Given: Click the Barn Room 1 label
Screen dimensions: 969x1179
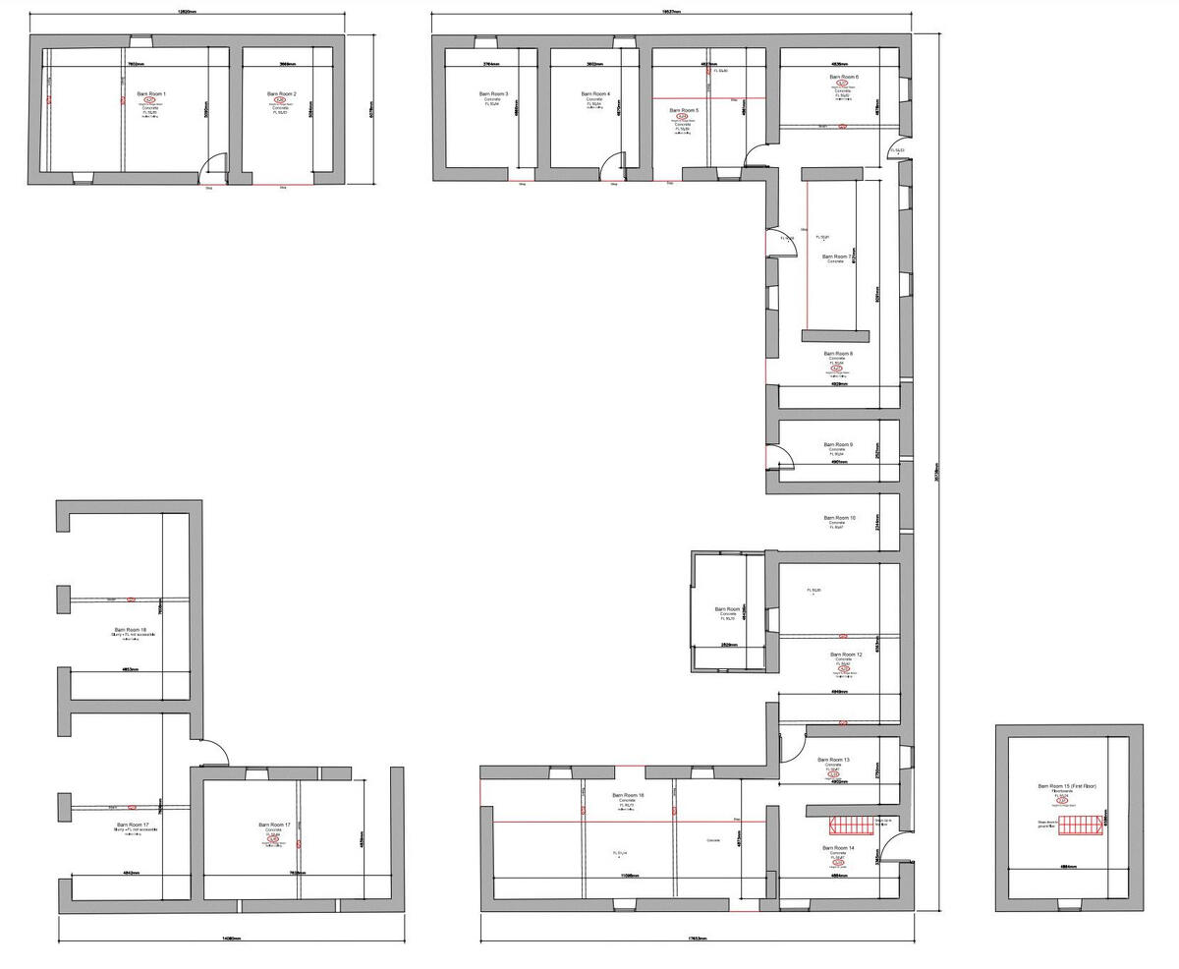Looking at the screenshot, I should coord(151,93).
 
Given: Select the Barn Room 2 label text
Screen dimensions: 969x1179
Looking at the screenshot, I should coord(281,94).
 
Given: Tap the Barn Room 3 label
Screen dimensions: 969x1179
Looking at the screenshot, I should coord(493,94).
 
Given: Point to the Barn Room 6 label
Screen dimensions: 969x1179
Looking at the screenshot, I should coord(843,77).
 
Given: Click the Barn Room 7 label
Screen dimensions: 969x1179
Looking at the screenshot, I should coord(837,256).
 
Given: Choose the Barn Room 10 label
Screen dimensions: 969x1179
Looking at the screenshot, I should coord(839,518).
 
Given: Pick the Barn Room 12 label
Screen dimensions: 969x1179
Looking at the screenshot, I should coord(845,655).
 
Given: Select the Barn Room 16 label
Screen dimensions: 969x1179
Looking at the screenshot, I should coord(628,795).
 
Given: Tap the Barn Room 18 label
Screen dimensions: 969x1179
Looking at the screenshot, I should coord(130,630).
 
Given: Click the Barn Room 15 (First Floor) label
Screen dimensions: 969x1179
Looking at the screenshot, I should coord(1067,786).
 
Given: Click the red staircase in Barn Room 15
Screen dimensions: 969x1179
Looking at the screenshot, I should coord(1080,826).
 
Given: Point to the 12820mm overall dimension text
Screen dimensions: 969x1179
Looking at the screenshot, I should coord(186,12).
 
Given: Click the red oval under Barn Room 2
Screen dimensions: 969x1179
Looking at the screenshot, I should coord(280,100).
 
